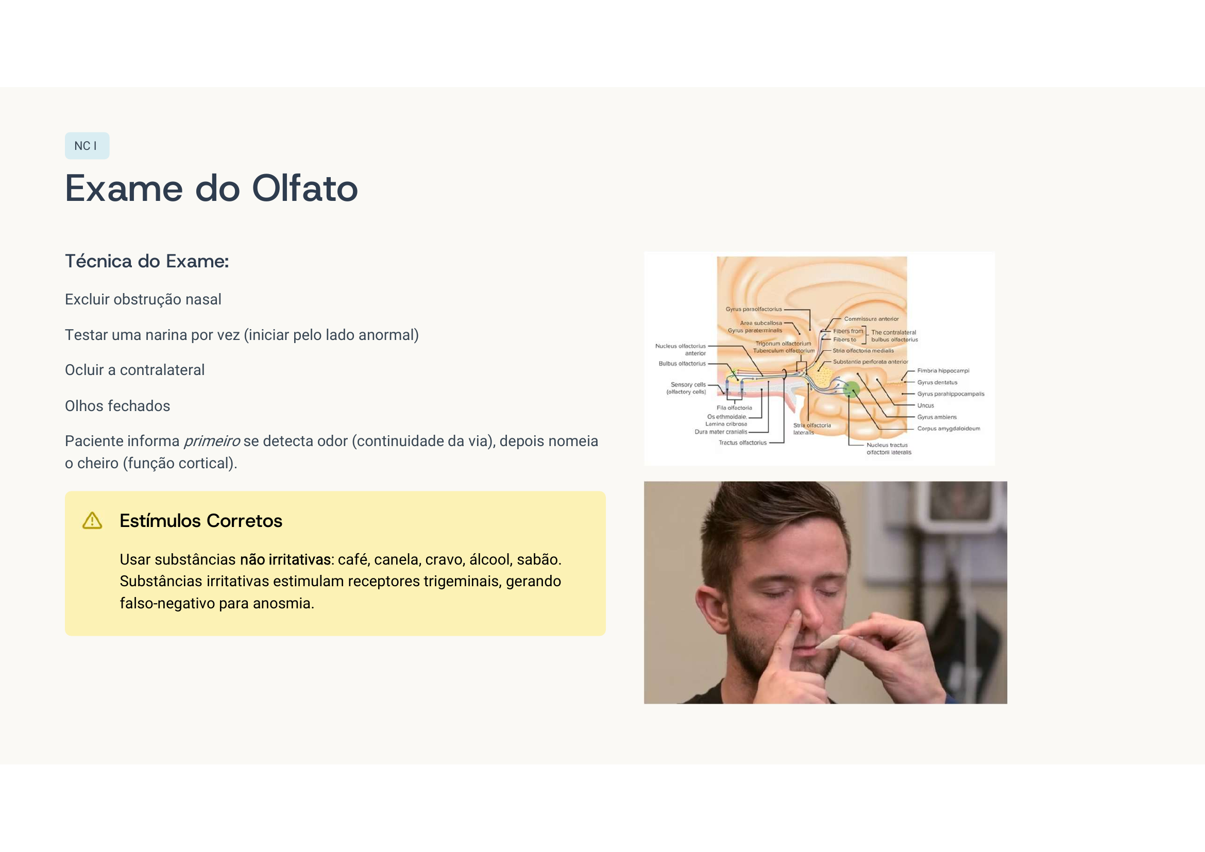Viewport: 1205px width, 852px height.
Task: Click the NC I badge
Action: coord(87,146)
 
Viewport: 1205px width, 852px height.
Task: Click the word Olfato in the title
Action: coord(304,189)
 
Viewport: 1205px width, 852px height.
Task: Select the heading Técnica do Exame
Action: coord(146,261)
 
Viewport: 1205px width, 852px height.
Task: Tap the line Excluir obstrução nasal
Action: coord(143,300)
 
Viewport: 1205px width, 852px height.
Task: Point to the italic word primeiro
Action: coord(212,441)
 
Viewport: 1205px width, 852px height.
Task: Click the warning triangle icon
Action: coord(92,521)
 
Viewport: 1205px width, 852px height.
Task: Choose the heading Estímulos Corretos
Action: coord(200,521)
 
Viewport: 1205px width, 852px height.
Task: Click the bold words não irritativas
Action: coord(285,560)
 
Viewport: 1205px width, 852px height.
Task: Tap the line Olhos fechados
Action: coord(117,406)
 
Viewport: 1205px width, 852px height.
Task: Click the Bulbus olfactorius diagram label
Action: coord(682,364)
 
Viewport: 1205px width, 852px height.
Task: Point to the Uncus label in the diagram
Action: coord(925,405)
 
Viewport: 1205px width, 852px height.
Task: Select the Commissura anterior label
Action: coord(871,319)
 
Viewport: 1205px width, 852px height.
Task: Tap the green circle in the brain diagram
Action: coord(851,389)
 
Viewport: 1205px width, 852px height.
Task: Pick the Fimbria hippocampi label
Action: coord(943,371)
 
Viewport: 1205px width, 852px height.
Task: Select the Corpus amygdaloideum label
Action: coord(948,429)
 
